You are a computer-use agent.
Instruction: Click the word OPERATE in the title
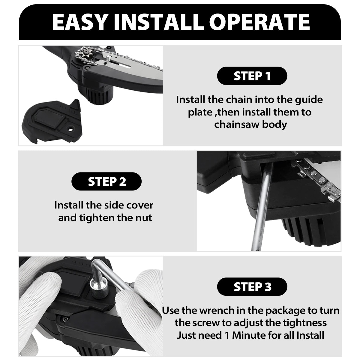click(x=259, y=22)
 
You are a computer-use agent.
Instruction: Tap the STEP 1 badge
click(x=252, y=76)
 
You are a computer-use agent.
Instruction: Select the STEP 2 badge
click(x=106, y=181)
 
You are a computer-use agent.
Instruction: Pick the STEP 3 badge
click(x=252, y=287)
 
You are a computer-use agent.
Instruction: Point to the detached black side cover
click(x=51, y=121)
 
